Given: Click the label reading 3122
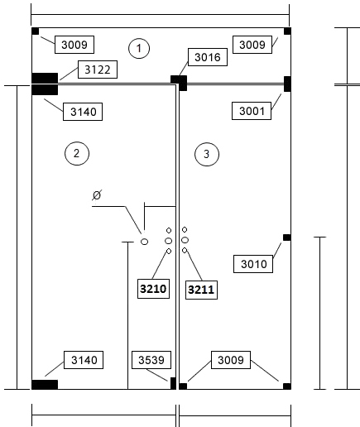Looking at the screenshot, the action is click(x=98, y=70).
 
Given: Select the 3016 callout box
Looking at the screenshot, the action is click(x=208, y=57).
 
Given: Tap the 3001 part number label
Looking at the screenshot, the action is click(x=252, y=111).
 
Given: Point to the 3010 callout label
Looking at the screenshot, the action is click(x=253, y=264).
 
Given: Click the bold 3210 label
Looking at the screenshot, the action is click(x=153, y=289).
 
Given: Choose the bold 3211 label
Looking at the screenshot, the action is click(x=201, y=290).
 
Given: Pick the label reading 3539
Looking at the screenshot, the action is click(x=151, y=360).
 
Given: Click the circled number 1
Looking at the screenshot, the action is click(x=139, y=48).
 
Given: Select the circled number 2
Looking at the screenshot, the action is click(x=77, y=153).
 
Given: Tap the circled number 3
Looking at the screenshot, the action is click(x=207, y=154).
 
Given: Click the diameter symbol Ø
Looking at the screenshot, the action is click(x=97, y=195).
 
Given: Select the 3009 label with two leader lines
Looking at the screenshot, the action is click(x=231, y=360).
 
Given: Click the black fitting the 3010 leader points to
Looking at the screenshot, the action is click(x=287, y=237).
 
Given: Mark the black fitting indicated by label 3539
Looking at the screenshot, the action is click(x=173, y=383).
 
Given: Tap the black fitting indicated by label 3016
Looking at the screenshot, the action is click(x=180, y=83).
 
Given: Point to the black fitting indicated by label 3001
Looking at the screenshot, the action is click(x=287, y=84).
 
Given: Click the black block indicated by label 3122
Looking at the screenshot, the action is click(x=45, y=78).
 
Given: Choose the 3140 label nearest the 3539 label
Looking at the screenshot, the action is click(x=84, y=360).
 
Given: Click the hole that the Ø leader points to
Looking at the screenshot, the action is click(x=144, y=242).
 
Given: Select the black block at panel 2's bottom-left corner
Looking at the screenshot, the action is click(x=45, y=385).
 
